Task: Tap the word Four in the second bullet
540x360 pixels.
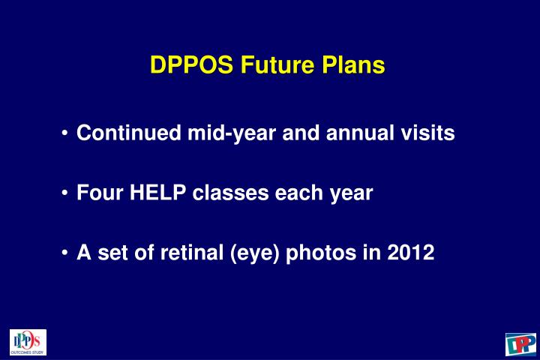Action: click(100, 193)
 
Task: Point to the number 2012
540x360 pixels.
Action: click(409, 253)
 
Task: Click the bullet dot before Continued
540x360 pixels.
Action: click(67, 134)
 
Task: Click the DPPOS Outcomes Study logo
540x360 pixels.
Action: click(28, 342)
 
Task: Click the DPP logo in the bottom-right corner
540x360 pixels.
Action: click(520, 343)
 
